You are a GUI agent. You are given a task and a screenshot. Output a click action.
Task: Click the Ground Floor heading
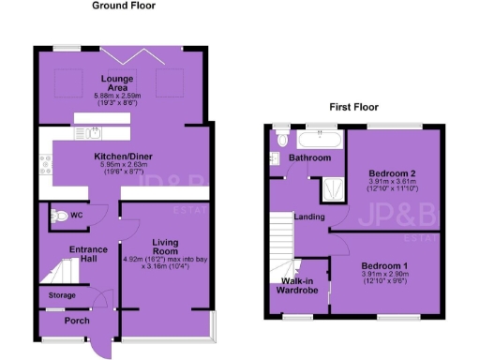122,6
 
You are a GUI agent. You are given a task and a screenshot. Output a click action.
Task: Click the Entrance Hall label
76,254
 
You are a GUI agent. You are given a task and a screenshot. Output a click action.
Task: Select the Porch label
76,322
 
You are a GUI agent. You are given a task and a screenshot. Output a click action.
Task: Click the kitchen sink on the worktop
97,133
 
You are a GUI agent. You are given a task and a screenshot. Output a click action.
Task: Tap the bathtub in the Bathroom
319,139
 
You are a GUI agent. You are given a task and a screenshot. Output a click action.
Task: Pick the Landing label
309,217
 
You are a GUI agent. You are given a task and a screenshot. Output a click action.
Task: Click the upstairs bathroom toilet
282,141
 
